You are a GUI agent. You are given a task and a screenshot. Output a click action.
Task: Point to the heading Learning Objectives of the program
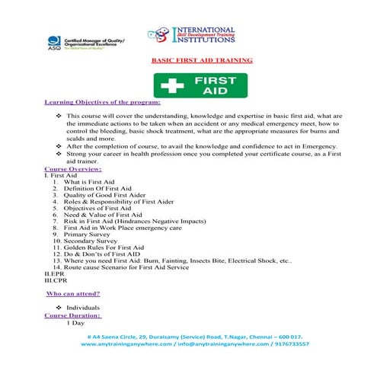pyautogui.click(x=92, y=101)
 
